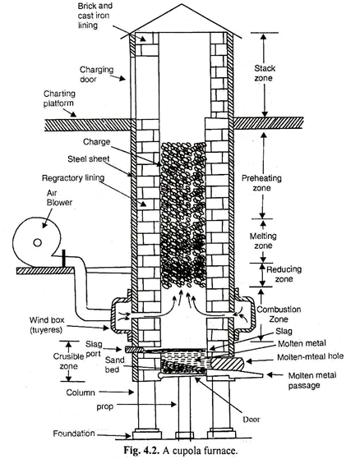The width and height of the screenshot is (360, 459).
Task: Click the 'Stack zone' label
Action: click(265, 73)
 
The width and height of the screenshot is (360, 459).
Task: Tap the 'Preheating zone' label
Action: click(261, 183)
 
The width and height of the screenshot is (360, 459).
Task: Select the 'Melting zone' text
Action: click(263, 241)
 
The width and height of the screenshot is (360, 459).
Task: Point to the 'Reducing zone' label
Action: click(284, 274)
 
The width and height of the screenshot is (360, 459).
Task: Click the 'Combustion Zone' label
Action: click(279, 314)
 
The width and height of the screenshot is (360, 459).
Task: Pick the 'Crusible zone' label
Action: click(68, 361)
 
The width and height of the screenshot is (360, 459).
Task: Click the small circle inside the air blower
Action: click(37, 243)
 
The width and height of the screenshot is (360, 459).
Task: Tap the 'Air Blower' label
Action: click(59, 198)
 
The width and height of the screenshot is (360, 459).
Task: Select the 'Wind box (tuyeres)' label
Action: click(47, 325)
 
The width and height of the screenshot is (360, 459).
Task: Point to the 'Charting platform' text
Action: click(59, 99)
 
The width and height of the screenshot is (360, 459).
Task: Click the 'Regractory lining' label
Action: click(73, 178)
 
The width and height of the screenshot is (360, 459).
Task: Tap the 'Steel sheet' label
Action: click(89, 158)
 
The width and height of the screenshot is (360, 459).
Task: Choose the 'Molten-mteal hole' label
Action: click(310, 357)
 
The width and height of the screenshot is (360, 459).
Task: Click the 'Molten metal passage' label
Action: click(312, 380)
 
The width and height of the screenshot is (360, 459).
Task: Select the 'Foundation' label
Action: click(74, 434)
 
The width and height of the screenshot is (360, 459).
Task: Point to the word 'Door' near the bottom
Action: click(251, 420)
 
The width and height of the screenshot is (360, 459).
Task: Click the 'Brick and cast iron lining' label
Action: click(95, 16)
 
